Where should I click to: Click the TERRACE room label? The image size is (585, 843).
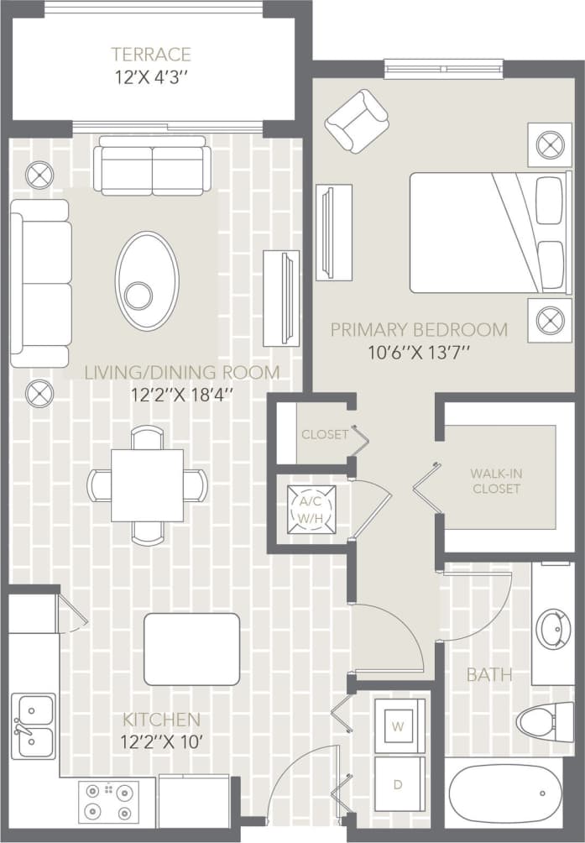coord(151,55)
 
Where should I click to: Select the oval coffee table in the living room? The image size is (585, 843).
coord(147,280)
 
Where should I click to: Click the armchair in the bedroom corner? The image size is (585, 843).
coord(357,121)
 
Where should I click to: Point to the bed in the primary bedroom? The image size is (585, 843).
coord(488,233)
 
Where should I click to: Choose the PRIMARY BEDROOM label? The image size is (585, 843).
coord(419,329)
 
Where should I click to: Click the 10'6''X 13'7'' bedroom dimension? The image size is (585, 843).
coord(419,353)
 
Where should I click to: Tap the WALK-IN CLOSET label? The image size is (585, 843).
coord(495,480)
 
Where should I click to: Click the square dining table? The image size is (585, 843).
coord(147,485)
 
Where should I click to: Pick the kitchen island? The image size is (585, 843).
coord(191,649)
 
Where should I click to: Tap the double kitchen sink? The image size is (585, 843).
coord(33,726)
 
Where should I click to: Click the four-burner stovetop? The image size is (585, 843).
coord(108,802)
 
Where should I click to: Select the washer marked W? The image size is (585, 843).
coord(399,725)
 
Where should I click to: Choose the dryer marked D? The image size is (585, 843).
coord(399,783)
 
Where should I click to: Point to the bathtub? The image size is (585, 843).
coord(505,794)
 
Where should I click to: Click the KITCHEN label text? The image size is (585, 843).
coord(162,720)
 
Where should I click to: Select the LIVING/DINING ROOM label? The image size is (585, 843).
coord(182,372)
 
